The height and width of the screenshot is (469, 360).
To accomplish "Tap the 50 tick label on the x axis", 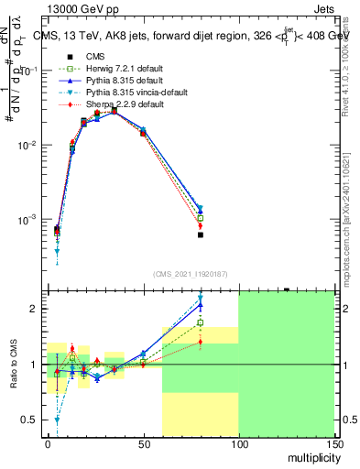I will click(143, 443).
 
